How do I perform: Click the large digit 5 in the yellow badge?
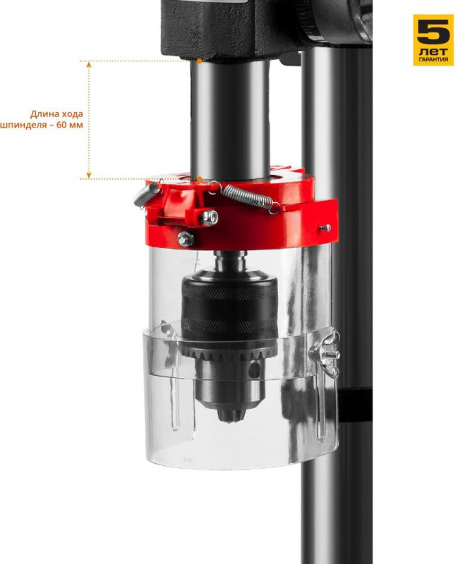[x=433, y=31]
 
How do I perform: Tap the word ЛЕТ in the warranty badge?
[x=433, y=51]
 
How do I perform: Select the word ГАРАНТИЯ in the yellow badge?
[x=433, y=60]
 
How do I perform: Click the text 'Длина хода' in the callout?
[x=56, y=114]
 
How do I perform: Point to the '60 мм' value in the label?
[x=70, y=125]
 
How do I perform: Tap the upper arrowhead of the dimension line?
[x=89, y=64]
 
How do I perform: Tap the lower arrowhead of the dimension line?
[x=89, y=175]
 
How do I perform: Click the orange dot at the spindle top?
[x=199, y=61]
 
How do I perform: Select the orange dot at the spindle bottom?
[x=199, y=178]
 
